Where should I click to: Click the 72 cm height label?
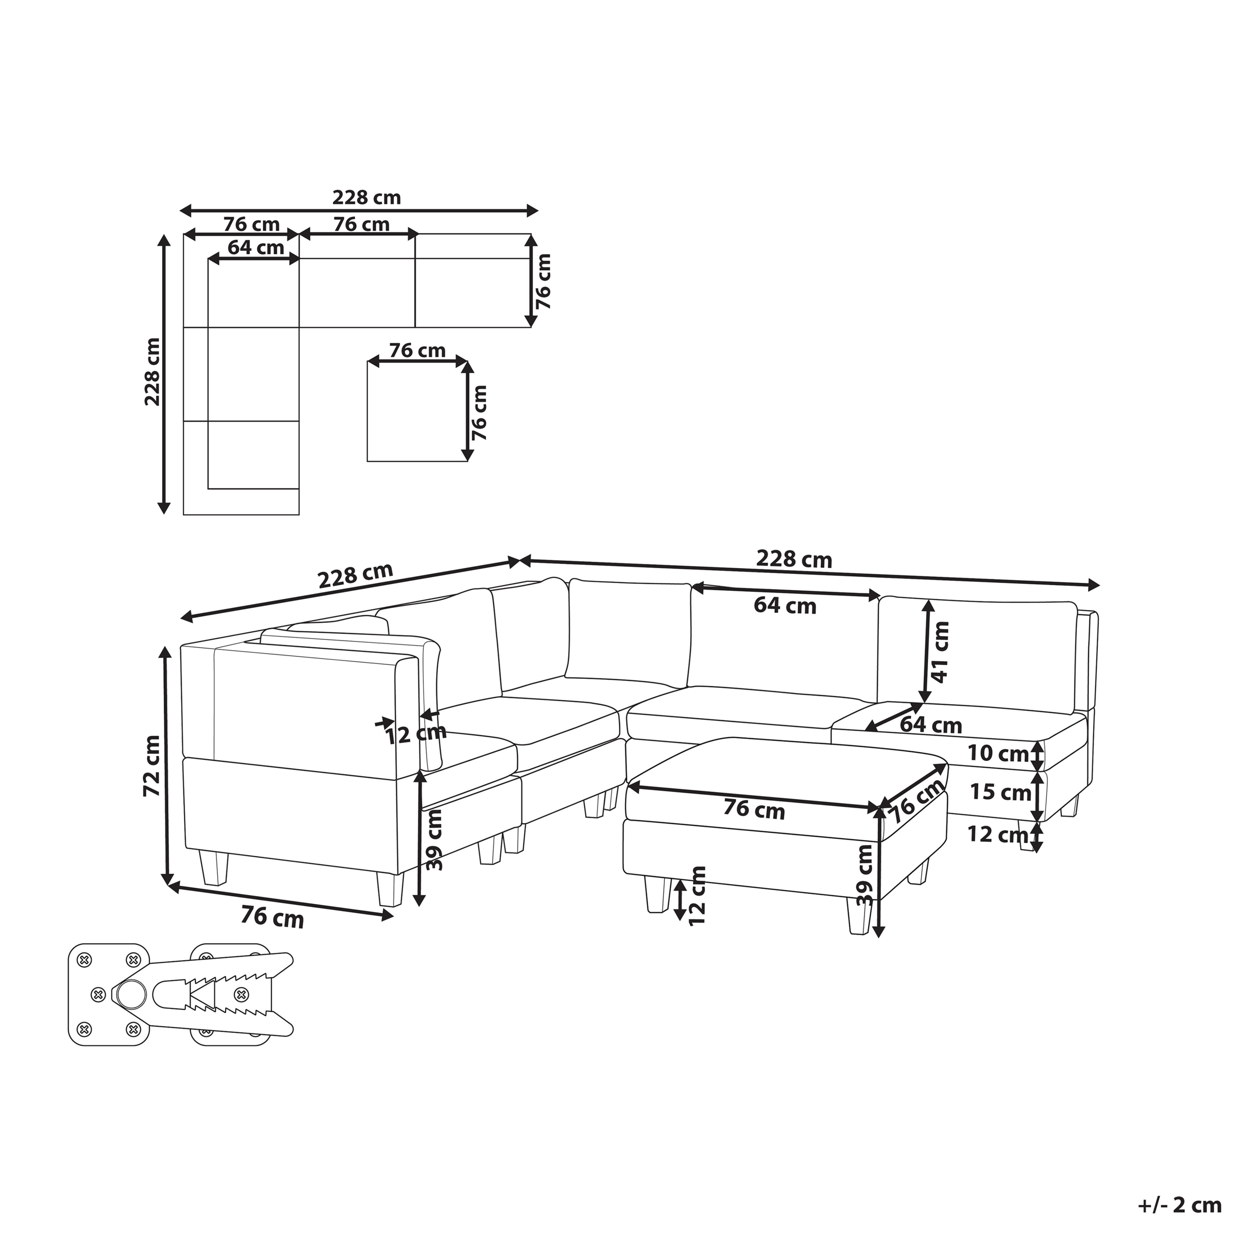pos(152,765)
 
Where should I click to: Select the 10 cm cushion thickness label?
pos(998,753)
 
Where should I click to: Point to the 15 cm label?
pos(1000,791)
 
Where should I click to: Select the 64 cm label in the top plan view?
pos(256,247)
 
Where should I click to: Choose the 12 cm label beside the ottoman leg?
pos(697,896)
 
